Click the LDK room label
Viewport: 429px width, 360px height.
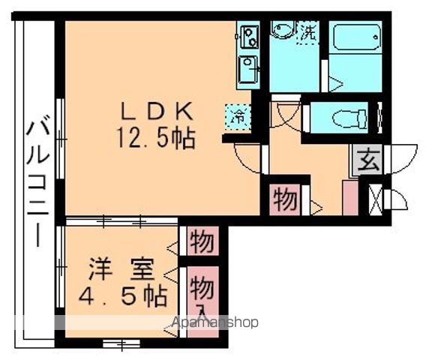[157, 111]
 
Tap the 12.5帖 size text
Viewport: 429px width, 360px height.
[156, 139]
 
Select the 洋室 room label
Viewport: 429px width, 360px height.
[121, 269]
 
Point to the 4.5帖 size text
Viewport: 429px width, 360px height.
[122, 296]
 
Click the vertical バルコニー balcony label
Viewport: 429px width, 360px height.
[38, 181]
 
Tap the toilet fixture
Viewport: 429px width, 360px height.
[349, 118]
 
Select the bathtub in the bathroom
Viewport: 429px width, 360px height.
[355, 37]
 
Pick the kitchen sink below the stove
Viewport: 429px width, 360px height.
[248, 69]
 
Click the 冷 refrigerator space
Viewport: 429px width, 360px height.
[238, 117]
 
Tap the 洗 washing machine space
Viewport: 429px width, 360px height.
[308, 33]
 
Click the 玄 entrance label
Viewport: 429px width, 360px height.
[368, 160]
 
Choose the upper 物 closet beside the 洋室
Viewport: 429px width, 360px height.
[202, 241]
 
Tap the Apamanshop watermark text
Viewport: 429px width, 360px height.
[214, 322]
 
